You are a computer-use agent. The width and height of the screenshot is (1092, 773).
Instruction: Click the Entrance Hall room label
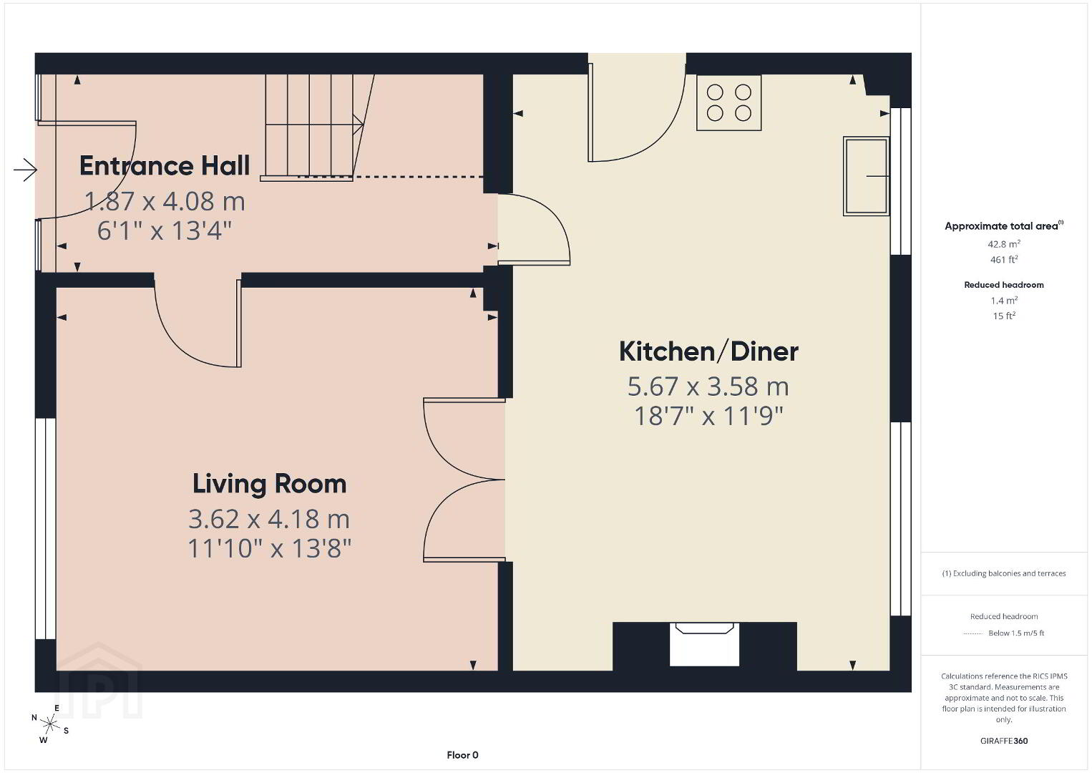point(165,166)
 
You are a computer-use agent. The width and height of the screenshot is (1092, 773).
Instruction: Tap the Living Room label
point(270,484)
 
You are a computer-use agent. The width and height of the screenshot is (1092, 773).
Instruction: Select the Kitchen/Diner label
point(708,351)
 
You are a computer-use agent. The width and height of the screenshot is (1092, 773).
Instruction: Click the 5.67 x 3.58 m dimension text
point(708,386)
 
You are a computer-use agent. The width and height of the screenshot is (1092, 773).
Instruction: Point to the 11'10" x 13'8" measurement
point(270,549)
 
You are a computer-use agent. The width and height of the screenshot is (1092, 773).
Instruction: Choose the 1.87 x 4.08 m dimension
point(165,201)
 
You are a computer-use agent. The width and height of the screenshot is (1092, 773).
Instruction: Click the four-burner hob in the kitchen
point(728,102)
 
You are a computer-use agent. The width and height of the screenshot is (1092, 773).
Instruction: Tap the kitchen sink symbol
point(867,176)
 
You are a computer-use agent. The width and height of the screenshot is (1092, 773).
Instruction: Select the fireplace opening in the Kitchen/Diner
point(704,644)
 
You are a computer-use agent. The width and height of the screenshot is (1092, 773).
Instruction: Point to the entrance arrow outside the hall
point(25,170)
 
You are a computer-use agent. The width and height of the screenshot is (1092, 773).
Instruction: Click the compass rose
point(49,724)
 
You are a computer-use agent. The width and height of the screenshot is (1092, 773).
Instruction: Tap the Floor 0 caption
point(463,755)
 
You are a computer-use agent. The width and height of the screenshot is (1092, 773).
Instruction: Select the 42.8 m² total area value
point(1004,244)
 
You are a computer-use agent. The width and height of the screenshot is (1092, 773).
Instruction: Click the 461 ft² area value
point(1004,259)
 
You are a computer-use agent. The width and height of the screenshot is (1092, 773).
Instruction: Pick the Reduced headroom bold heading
point(1004,285)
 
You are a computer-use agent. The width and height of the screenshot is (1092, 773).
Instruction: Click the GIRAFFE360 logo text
point(1004,741)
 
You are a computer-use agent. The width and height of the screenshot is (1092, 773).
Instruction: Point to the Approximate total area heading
point(1004,225)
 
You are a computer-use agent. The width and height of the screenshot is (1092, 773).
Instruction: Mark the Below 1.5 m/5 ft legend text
point(1016,633)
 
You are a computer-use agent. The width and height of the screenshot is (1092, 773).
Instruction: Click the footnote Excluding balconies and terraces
point(1004,573)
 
